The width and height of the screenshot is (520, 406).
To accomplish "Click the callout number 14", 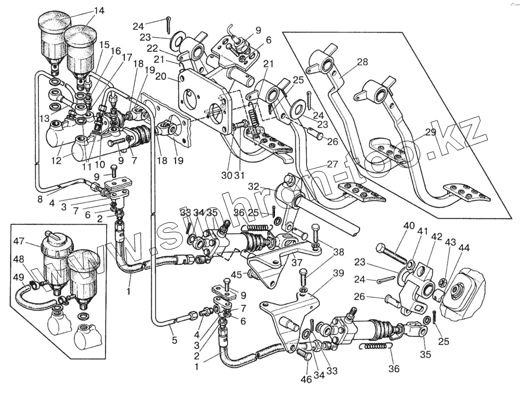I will [98, 11].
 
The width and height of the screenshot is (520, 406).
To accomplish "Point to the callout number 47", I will [19, 242].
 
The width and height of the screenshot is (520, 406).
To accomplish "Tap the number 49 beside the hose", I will [19, 278].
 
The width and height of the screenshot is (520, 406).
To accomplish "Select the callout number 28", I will [362, 62].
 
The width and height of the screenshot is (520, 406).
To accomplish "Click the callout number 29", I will [430, 132].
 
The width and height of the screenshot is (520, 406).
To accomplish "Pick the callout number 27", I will [332, 164].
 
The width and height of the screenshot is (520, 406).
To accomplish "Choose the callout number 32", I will [253, 186].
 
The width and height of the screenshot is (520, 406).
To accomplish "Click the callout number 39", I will [338, 272].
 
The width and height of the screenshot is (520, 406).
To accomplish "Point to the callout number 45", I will [237, 274].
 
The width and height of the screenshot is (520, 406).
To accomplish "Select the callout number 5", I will [174, 340].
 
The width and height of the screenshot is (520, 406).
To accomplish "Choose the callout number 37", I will [297, 262].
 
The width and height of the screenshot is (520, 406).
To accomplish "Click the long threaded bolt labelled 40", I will [394, 255].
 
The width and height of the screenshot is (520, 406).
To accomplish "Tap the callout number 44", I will [463, 247].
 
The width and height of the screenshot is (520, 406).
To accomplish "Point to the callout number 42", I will [437, 237].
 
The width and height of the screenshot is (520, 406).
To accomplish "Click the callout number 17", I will [127, 57].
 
